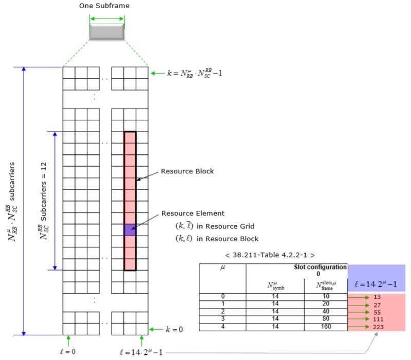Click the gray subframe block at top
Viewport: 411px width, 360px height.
106,31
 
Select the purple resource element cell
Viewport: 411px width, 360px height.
130,230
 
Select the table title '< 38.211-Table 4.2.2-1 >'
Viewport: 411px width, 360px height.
270,255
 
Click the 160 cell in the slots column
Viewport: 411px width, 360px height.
325,326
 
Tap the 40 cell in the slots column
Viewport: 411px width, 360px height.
325,312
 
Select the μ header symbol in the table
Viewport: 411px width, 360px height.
222,268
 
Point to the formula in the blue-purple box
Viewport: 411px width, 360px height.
377,284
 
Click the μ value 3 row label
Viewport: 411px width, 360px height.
222,319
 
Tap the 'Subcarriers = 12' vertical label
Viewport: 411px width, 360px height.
44,201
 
